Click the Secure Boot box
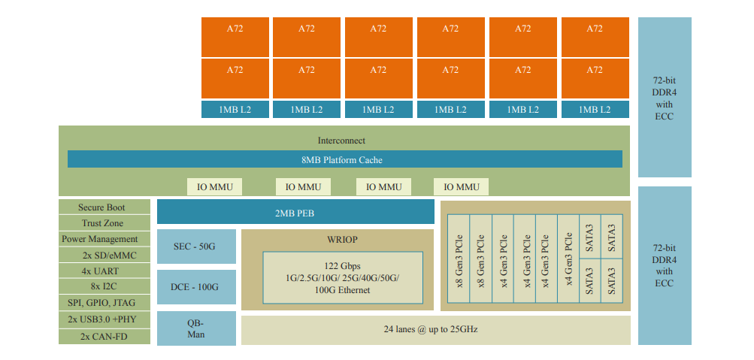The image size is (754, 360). coord(104,207)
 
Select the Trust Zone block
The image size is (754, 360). coord(104,223)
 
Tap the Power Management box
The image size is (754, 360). coord(104,239)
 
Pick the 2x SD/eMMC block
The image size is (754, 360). coord(104,256)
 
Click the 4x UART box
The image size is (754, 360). coord(104,271)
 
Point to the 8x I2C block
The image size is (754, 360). coord(104,287)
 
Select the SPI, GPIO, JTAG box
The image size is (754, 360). coord(104,303)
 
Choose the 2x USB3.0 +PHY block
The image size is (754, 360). coord(104,319)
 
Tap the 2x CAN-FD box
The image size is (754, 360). coord(104,336)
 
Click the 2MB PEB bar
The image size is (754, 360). coord(295,213)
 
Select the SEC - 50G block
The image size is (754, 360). coord(196,247)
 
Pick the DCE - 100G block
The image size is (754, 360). coord(196,287)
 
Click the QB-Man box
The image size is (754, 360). coord(196,328)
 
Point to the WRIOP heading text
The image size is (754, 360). coord(338,240)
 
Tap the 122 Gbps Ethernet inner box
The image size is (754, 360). coord(342,278)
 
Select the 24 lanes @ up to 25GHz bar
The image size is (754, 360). coord(436,330)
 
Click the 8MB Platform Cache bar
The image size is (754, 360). coord(345,159)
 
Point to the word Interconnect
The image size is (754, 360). coord(341,141)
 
